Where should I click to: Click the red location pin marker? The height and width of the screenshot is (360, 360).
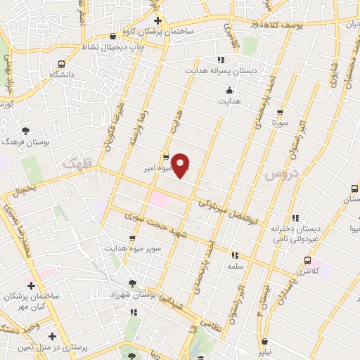(x=181, y=165)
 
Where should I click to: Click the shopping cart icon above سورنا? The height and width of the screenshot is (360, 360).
(x=281, y=112)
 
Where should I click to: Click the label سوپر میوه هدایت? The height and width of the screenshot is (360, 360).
(x=134, y=248)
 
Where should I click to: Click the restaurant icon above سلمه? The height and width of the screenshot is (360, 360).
(x=235, y=255)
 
